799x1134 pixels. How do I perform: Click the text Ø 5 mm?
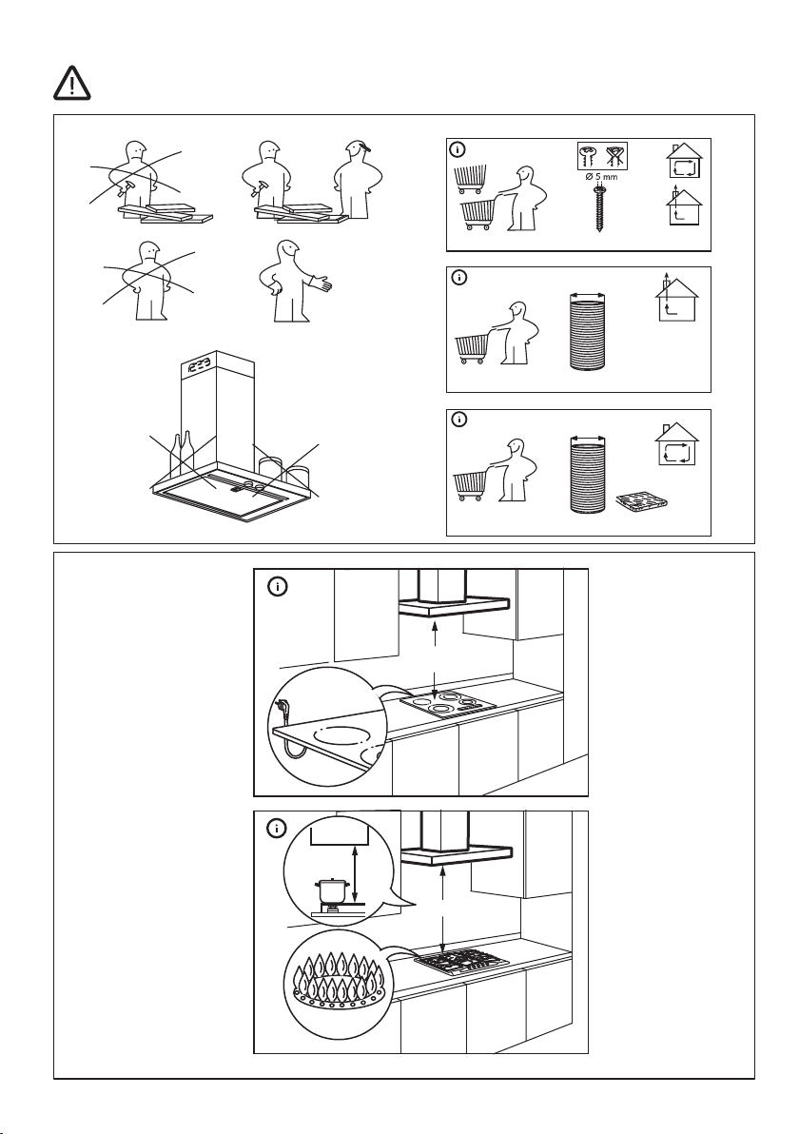pyautogui.click(x=601, y=177)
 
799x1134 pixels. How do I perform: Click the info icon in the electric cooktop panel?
pyautogui.click(x=276, y=587)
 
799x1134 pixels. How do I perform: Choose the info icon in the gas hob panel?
pyautogui.click(x=276, y=829)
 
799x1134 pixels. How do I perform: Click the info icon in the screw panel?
pyautogui.click(x=458, y=149)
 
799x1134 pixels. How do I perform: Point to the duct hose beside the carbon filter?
pyautogui.click(x=588, y=475)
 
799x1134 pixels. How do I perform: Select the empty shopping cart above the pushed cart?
pyautogui.click(x=470, y=178)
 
